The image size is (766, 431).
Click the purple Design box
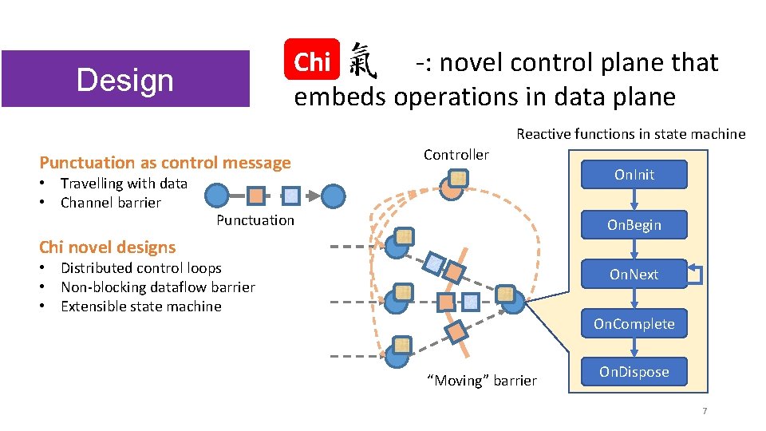(124, 79)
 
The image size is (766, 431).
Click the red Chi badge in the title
(312, 61)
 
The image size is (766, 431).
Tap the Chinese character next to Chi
(364, 61)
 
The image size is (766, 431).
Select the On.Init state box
(634, 174)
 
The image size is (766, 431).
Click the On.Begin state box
(634, 225)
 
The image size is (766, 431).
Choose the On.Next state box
(634, 275)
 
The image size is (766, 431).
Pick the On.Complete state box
(634, 324)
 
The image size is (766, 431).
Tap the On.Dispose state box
(634, 372)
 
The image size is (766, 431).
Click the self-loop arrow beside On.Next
(697, 275)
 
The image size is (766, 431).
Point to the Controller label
(456, 154)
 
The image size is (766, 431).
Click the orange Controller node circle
(452, 188)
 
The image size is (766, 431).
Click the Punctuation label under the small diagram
(255, 220)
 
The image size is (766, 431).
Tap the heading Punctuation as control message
(165, 163)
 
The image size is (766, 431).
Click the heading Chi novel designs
(108, 247)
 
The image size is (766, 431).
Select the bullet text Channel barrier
(111, 203)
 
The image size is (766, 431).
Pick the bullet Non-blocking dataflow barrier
(158, 287)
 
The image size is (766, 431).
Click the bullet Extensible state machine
(141, 306)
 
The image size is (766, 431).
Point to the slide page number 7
(704, 411)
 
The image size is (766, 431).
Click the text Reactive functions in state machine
(630, 134)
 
